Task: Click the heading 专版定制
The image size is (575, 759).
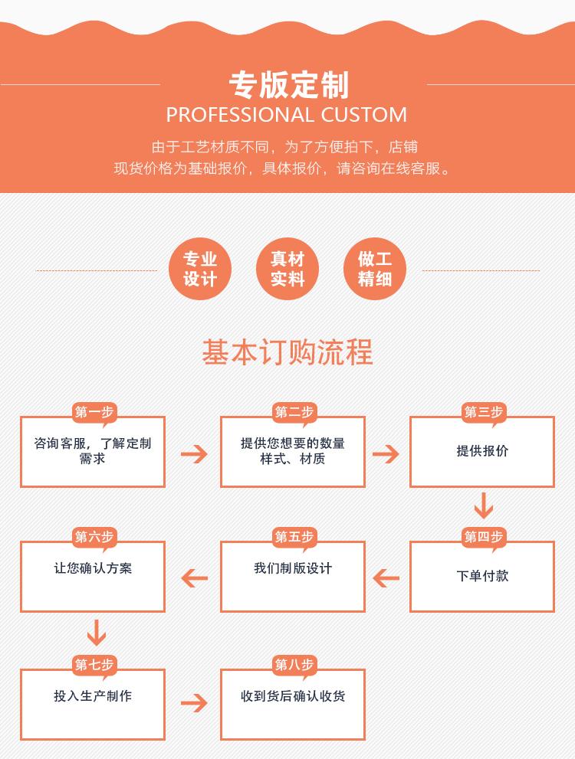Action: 288,85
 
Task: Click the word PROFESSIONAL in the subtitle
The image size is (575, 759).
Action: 240,115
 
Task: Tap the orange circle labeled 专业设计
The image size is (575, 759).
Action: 200,270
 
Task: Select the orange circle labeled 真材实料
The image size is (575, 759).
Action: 287,270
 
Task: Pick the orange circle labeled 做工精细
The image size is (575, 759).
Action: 375,270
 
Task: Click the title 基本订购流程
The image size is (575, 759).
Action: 287,352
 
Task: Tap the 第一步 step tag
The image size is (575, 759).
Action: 94,412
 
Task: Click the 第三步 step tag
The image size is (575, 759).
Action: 483,412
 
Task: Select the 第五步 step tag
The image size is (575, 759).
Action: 294,537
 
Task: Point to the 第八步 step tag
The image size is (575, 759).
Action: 294,665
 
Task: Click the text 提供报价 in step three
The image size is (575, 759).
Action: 482,451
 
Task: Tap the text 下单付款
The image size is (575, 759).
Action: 482,576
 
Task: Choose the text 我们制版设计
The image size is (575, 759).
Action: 293,568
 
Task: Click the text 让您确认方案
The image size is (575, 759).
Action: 93,568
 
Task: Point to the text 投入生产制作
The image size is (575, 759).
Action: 93,696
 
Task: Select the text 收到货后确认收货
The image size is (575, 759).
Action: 293,696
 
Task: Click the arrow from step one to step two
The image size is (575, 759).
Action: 194,453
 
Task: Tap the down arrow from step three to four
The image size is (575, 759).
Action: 483,506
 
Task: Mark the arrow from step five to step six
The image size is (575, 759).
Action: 194,578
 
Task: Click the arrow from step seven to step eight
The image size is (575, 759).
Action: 194,703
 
